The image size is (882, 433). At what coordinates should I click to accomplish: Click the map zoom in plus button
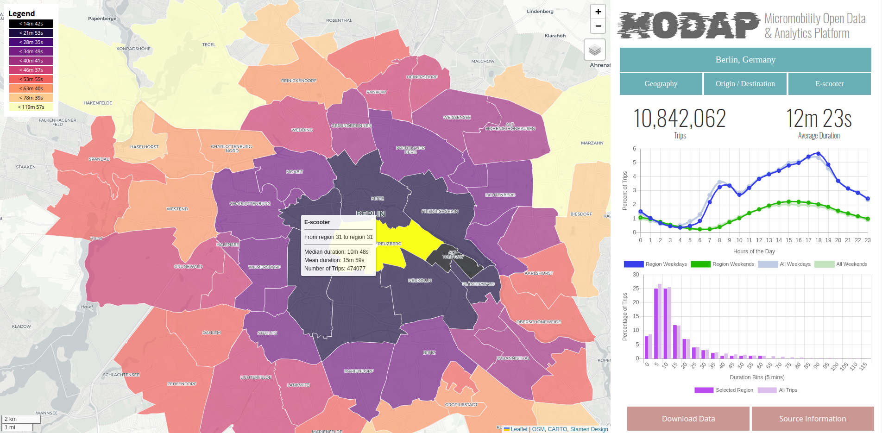[598, 12]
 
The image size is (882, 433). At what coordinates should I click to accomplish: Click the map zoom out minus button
[598, 26]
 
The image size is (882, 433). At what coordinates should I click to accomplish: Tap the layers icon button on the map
[595, 50]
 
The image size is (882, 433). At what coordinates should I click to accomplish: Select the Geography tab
[661, 84]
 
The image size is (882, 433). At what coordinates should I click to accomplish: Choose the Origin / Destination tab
[745, 84]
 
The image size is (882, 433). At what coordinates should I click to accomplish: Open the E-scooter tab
[829, 84]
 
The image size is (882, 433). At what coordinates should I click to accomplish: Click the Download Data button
[688, 419]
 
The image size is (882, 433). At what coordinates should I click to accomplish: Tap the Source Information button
[812, 419]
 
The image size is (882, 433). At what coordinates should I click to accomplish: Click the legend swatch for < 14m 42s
[31, 24]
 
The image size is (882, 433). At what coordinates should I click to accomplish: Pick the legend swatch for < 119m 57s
[31, 107]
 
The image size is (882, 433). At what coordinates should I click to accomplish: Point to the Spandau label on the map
[99, 159]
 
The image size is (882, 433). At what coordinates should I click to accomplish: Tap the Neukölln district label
[420, 281]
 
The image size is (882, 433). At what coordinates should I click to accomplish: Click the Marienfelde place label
[327, 431]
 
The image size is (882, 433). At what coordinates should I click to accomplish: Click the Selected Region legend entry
[724, 390]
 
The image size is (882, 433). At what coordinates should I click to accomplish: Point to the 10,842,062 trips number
[679, 119]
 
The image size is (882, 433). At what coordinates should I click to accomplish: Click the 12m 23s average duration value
[819, 119]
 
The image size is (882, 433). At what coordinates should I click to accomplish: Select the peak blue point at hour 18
[819, 153]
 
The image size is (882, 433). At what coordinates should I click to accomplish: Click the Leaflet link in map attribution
[519, 429]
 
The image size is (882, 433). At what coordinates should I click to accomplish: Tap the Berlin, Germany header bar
[745, 60]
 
